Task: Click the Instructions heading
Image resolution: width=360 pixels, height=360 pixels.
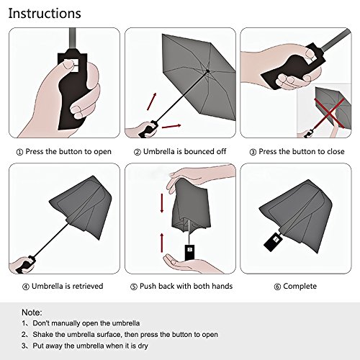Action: click(45, 14)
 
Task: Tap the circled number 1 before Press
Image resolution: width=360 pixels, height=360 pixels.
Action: click(19, 152)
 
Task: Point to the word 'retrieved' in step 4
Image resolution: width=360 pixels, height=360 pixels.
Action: click(88, 286)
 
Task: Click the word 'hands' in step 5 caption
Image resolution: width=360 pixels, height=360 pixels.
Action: click(222, 286)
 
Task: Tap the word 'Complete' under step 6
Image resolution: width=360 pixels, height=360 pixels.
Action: click(300, 287)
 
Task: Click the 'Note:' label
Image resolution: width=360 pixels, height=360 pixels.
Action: click(32, 312)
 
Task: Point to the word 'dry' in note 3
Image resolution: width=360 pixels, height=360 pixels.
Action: click(143, 346)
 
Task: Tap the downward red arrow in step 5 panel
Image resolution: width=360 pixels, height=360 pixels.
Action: click(162, 203)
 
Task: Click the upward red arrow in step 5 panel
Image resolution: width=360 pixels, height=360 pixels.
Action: click(162, 243)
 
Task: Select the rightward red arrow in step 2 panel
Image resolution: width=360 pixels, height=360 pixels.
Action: click(171, 126)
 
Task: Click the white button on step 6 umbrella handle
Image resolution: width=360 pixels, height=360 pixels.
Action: click(276, 240)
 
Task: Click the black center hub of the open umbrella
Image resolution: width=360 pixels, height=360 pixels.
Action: click(207, 71)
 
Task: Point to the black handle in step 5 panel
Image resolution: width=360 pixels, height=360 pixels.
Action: click(189, 253)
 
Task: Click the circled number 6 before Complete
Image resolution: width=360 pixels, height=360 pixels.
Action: click(277, 287)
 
